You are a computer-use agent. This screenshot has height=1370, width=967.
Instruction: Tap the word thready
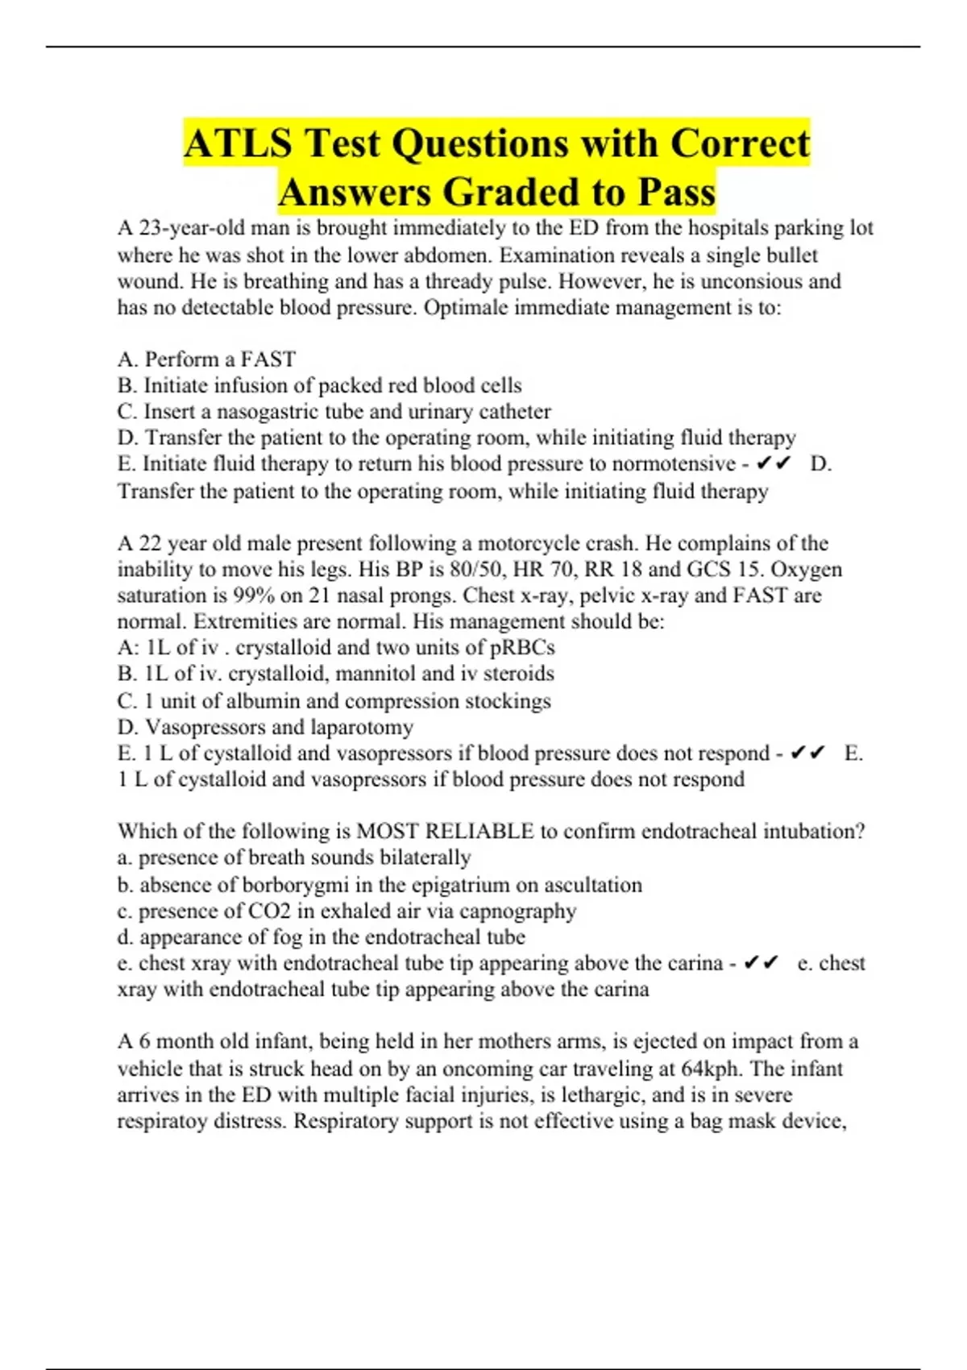458,281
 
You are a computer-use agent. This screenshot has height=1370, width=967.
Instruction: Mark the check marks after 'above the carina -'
761,963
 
